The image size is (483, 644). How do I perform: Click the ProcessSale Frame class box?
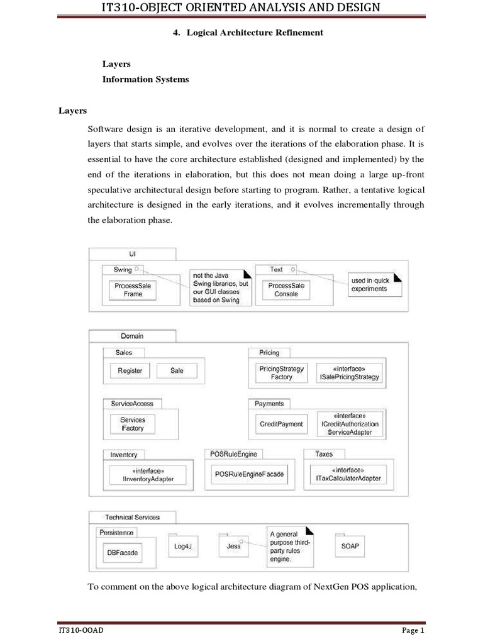point(133,290)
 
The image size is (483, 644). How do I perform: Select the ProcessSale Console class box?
point(286,290)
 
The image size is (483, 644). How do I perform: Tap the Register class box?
point(130,371)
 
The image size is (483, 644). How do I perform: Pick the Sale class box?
point(177,371)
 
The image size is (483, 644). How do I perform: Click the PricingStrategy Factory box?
point(282,373)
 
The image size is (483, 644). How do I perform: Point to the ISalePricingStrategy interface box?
point(350,373)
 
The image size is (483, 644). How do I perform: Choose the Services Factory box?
point(133,424)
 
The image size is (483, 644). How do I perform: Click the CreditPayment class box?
point(281,424)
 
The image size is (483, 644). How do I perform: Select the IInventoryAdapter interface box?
point(148,475)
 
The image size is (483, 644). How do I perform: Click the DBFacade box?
point(123,553)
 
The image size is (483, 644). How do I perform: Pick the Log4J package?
point(182,546)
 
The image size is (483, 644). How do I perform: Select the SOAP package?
point(350,546)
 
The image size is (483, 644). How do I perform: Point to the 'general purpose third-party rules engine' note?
point(291,545)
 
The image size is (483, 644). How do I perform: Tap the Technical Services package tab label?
point(132,517)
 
